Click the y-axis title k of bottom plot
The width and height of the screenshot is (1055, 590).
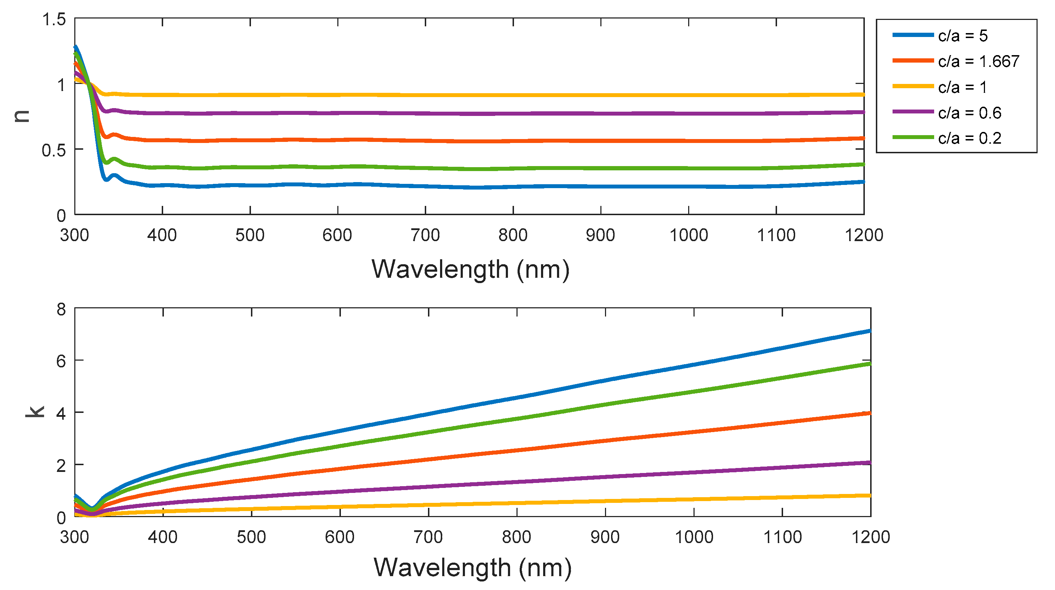[x=35, y=411]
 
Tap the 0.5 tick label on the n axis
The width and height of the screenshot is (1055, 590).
[x=54, y=150]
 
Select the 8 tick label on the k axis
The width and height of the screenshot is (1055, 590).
[x=61, y=309]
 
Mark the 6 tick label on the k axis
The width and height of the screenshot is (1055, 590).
[x=61, y=361]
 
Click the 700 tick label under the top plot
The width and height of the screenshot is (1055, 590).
[x=425, y=235]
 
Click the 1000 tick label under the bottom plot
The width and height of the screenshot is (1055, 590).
[x=694, y=537]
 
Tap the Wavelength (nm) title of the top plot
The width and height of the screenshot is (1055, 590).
[x=470, y=269]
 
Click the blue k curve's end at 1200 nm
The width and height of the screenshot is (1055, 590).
[x=869, y=331]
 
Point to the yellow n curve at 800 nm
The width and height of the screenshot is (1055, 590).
[x=513, y=95]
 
